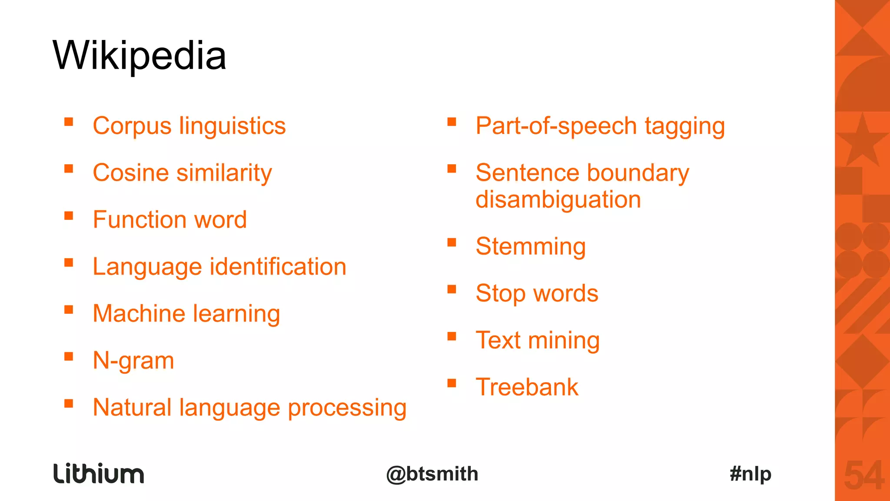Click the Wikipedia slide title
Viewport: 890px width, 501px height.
(x=139, y=56)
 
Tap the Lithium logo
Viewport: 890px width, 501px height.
(x=99, y=474)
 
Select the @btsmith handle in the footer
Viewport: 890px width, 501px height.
(x=432, y=474)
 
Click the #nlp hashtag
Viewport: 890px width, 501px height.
(x=751, y=474)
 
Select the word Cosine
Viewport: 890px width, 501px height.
(x=131, y=173)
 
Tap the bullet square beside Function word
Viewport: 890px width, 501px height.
(x=69, y=216)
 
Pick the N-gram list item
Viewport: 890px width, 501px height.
(x=133, y=361)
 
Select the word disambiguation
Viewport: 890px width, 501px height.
(x=558, y=200)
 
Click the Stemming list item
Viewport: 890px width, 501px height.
(x=531, y=247)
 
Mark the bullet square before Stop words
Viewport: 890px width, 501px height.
(x=452, y=289)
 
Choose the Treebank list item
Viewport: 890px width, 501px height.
(x=527, y=388)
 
